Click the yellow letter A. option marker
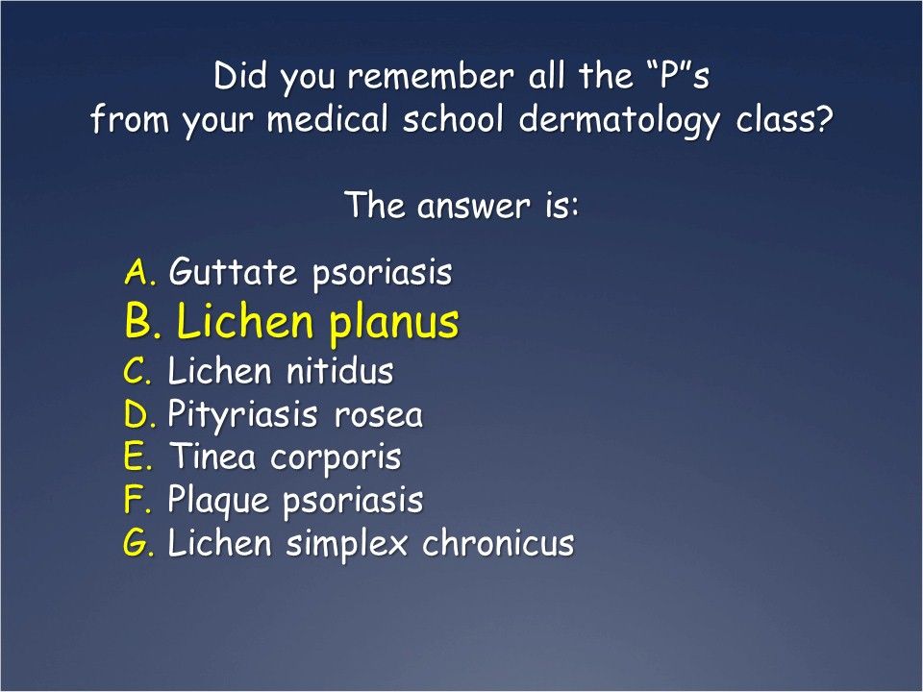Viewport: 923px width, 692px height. (x=141, y=274)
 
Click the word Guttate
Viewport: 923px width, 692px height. (x=233, y=274)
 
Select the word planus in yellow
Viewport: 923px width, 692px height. (x=394, y=325)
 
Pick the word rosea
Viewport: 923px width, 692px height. (x=379, y=416)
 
